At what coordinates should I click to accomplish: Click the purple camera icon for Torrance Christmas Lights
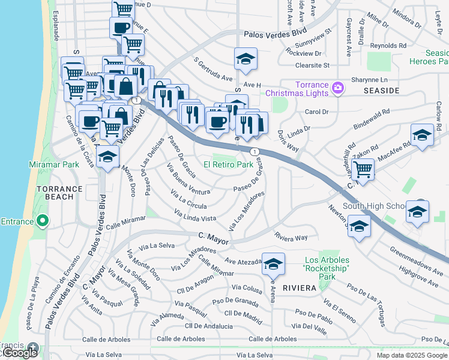(338, 88)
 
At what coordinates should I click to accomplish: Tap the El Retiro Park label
(228, 164)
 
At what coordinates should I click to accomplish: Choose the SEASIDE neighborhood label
(381, 91)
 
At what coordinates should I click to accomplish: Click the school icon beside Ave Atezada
(273, 263)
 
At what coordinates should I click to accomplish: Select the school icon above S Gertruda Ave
(245, 59)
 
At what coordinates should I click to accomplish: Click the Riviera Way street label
(292, 238)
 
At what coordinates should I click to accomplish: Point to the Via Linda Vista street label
(195, 216)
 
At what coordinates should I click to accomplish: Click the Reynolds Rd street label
(388, 46)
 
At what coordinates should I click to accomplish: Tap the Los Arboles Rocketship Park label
(326, 268)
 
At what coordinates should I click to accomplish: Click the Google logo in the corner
(19, 353)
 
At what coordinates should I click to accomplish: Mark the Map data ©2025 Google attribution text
(411, 355)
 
